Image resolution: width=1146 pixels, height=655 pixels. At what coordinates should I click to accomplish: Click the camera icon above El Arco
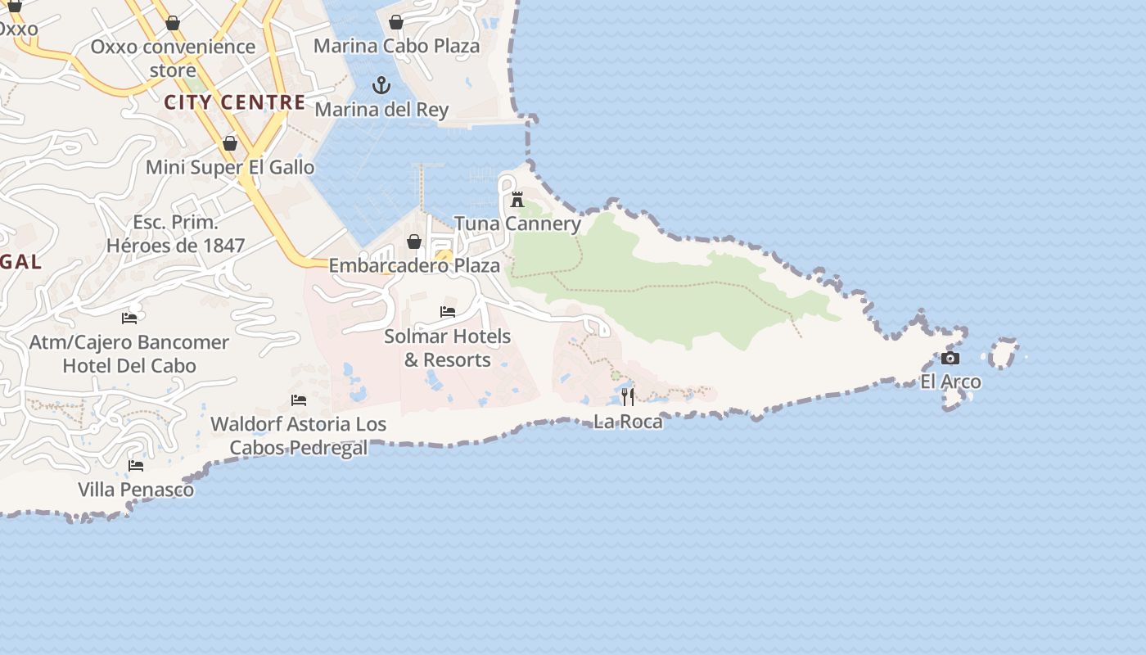tap(950, 359)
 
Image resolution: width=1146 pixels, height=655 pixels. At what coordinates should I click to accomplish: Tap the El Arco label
tap(950, 382)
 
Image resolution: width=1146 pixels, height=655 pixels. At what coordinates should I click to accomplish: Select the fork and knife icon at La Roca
tap(628, 398)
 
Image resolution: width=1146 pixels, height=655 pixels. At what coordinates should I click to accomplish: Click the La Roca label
tap(628, 422)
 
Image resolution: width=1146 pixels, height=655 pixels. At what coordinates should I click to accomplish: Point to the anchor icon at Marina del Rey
tap(381, 85)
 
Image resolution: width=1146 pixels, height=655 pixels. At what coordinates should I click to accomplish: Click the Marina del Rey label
tap(381, 110)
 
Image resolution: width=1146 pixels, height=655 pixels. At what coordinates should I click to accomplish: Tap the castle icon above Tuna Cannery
tap(517, 199)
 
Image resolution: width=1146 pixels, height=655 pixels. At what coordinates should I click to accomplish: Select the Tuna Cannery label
tap(517, 224)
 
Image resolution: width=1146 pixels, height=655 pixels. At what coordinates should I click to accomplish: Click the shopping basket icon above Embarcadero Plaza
tap(414, 242)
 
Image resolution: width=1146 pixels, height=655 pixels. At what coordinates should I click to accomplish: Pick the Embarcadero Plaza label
tap(414, 266)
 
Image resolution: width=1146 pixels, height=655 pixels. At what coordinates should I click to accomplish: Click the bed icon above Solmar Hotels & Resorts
tap(448, 312)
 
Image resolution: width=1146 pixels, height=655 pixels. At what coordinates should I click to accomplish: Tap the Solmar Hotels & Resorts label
tap(448, 348)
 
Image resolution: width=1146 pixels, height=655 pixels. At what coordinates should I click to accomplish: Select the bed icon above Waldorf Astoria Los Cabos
tap(299, 400)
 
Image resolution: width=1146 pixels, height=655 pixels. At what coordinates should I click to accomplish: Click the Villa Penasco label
tap(136, 490)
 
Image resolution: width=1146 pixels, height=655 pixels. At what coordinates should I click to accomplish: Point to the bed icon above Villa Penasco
tap(136, 466)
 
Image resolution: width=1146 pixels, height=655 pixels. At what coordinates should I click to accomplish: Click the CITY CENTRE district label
tap(234, 102)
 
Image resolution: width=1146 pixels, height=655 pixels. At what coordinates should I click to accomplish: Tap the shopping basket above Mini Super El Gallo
tap(230, 144)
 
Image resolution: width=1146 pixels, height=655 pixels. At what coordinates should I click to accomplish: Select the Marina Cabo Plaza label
tap(397, 46)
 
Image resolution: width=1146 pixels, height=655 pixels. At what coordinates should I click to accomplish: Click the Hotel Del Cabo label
tap(129, 365)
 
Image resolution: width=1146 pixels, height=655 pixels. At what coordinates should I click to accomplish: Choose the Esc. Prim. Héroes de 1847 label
tap(175, 233)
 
